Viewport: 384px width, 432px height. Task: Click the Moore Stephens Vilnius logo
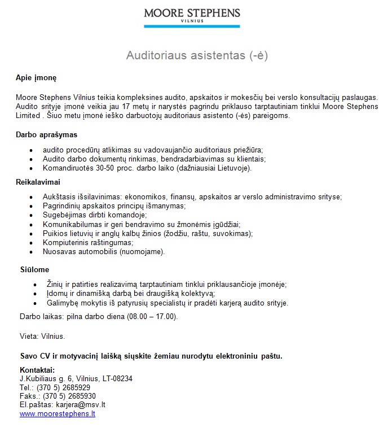192,17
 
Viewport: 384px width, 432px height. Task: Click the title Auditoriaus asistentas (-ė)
197,56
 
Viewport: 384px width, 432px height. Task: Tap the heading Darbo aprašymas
46,135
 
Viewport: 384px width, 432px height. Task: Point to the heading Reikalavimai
38,182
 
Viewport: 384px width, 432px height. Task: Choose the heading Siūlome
34,270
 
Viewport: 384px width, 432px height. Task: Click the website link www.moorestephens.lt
58,414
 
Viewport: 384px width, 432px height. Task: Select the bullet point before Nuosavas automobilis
30,252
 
